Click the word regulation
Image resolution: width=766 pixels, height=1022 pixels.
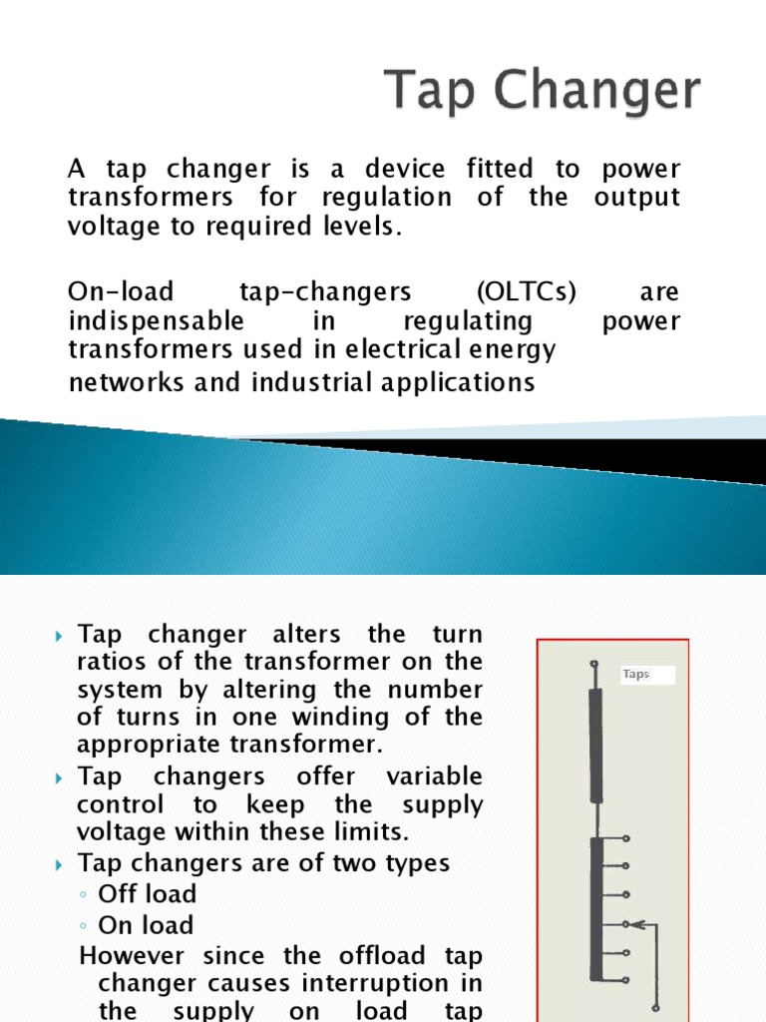click(x=385, y=198)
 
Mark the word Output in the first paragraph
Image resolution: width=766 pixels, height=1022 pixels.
click(x=636, y=198)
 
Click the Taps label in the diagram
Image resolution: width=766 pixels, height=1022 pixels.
click(x=636, y=675)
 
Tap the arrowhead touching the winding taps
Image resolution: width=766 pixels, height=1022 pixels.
click(x=636, y=923)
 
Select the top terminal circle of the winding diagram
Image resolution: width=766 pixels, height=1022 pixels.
click(x=595, y=664)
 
